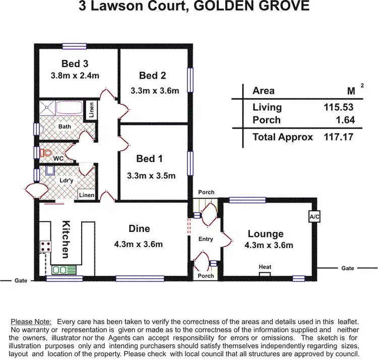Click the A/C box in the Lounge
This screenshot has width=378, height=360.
314,216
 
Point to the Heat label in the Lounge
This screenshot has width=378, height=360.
265,266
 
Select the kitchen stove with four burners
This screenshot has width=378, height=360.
46,247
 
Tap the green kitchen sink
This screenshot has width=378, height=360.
64,270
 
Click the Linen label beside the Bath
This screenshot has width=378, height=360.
91,110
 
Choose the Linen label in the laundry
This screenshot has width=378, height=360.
86,195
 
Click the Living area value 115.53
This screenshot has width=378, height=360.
339,107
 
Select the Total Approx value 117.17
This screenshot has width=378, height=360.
339,137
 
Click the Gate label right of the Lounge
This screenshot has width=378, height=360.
348,269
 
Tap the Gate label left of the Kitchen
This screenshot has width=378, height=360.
20,280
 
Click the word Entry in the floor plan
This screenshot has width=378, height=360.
206,239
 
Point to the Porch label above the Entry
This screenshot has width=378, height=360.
206,192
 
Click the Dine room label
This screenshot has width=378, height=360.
139,228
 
